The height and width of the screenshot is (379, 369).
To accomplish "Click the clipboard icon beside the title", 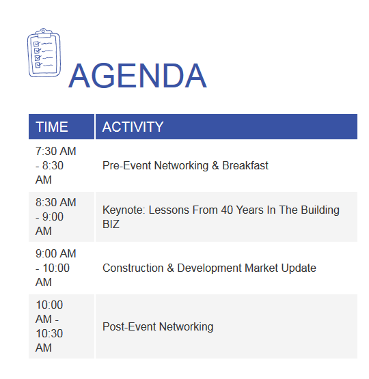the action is pos(44,53).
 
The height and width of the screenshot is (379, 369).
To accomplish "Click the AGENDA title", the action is pos(138,76).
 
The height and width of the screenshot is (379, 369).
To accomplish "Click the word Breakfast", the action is pos(245,165).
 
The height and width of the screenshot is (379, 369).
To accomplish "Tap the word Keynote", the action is pos(124,210).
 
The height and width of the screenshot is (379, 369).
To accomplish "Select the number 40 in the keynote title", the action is pos(227,210).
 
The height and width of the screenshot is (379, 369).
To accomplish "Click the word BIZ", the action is pos(111,224).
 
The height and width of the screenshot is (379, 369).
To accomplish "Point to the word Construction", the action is pos(133,268).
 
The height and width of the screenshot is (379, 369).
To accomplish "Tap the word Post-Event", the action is pos(129,326).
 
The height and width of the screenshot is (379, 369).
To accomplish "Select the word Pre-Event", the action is pos(126,165).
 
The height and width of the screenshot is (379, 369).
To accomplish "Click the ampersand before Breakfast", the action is pos(215,165).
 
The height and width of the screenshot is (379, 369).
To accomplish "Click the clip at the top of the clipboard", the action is pos(44,33).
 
